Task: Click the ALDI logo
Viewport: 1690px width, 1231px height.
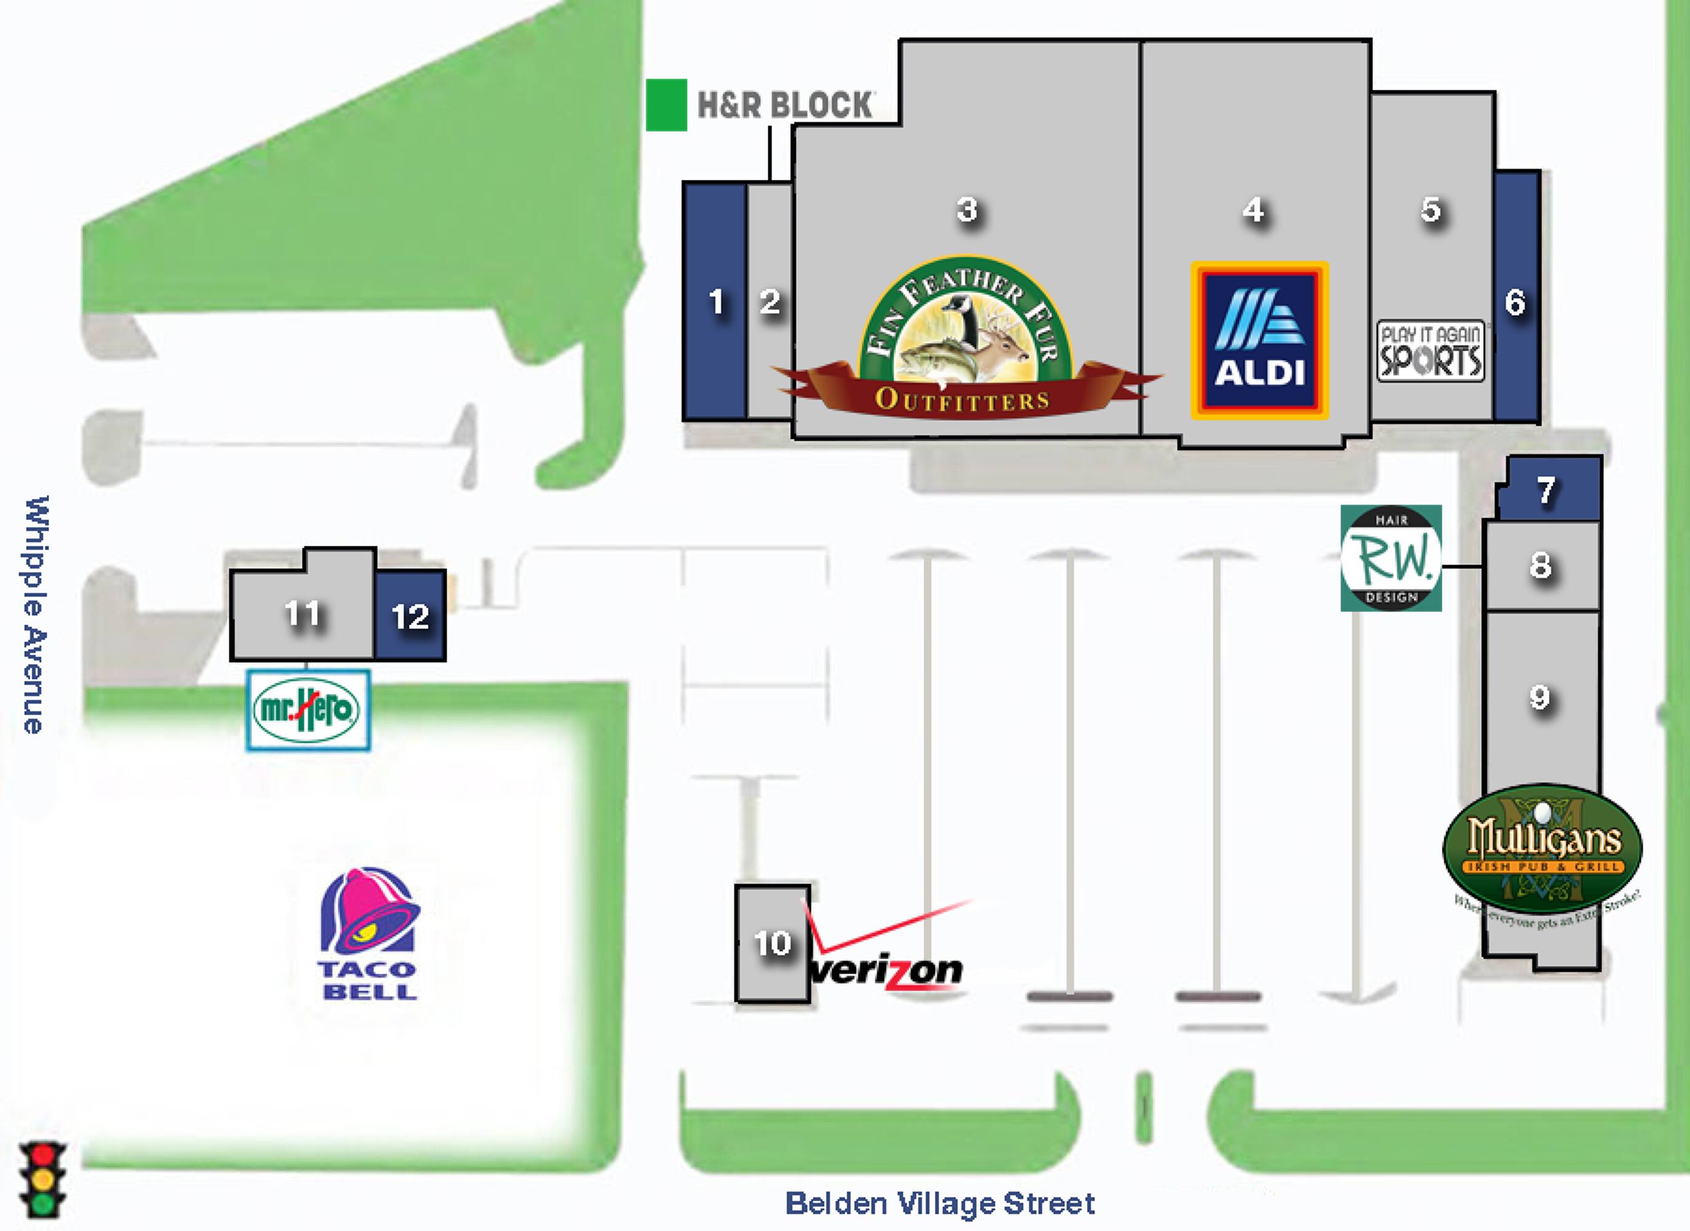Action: [1259, 340]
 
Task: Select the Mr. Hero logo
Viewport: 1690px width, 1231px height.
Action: [307, 710]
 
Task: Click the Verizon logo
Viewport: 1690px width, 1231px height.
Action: [887, 954]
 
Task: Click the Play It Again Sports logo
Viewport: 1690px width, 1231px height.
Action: [1430, 351]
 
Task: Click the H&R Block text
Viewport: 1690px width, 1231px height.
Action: [784, 105]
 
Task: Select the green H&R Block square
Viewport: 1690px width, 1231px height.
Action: [666, 105]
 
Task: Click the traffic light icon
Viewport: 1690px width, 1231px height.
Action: [43, 1178]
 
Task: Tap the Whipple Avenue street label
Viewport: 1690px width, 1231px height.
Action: [35, 614]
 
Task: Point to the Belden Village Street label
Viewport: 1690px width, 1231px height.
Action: [939, 1203]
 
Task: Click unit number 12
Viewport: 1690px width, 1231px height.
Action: [410, 617]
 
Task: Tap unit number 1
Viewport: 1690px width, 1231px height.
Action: [716, 302]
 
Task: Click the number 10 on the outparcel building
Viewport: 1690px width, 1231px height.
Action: [772, 944]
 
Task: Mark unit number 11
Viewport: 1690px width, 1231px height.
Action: [302, 614]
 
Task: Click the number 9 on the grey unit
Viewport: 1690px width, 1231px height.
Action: [1539, 697]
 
